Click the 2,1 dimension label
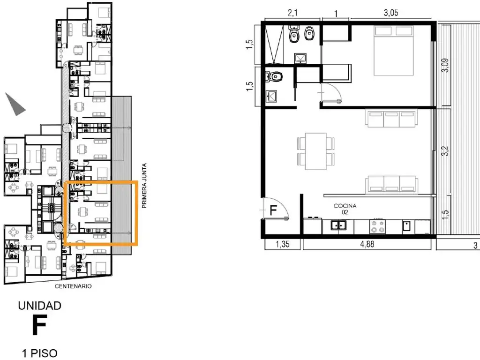[292, 13]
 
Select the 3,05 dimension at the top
[391, 13]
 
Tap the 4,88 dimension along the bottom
[367, 244]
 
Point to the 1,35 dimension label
[282, 244]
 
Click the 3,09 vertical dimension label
[445, 65]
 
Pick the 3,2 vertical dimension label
[445, 150]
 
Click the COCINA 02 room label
[345, 209]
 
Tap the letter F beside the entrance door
[273, 210]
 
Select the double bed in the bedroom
[393, 51]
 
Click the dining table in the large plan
[315, 151]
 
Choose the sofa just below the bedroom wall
[391, 118]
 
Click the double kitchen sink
[338, 225]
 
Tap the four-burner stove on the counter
[377, 226]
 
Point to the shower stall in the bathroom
[274, 45]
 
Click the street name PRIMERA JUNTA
[144, 186]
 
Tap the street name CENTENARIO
[73, 286]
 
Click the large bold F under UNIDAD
[39, 324]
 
